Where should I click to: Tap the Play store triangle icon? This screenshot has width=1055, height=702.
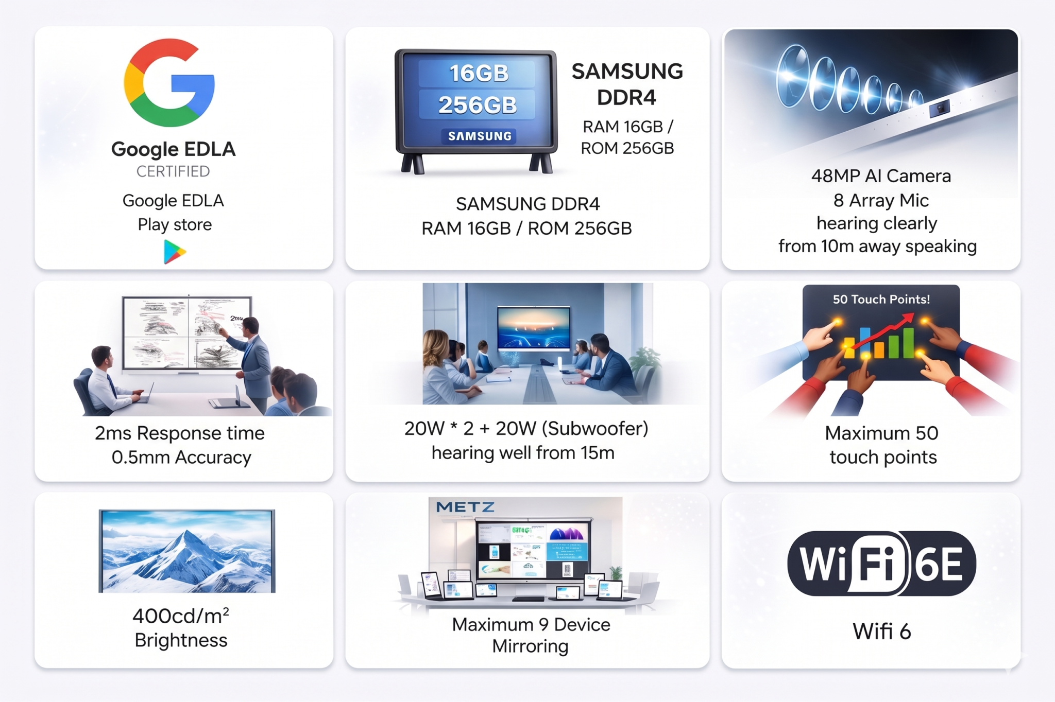174,252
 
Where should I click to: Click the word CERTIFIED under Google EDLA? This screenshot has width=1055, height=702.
173,171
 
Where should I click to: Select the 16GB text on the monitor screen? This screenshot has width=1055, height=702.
479,73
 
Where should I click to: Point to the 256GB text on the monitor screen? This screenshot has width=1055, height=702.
478,105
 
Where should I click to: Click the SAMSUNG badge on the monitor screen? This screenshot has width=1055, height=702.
480,136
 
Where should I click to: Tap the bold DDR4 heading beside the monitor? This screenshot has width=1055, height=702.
626,97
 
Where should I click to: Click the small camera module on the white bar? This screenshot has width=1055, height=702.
940,109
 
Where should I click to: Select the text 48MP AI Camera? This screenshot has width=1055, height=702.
881,176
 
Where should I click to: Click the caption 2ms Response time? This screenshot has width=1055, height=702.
180,433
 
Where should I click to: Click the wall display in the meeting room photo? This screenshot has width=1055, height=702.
534,328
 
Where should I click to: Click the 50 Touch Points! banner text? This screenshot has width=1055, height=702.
881,300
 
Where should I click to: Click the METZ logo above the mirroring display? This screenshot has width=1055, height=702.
465,507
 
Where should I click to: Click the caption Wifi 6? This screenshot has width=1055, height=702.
882,631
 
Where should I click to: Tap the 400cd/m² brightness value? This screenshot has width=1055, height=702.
181,616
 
